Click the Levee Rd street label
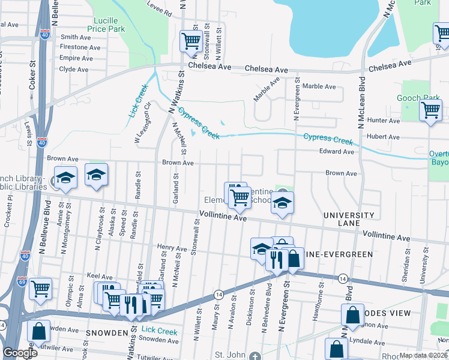tap(159, 9)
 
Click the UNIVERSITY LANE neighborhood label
tap(348, 219)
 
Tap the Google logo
tap(20, 353)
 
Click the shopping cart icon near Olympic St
tap(40, 289)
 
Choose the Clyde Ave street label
tap(74, 69)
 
